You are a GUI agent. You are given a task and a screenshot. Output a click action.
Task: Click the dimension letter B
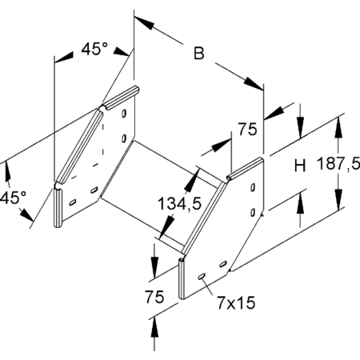click(199, 53)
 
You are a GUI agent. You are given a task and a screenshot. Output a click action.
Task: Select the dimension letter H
click(300, 166)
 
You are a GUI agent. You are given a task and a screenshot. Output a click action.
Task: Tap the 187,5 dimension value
click(338, 163)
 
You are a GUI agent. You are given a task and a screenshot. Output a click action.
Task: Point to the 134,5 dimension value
click(179, 204)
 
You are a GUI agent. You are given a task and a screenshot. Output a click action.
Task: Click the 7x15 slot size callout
click(236, 302)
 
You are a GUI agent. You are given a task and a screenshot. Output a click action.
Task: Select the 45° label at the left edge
click(13, 198)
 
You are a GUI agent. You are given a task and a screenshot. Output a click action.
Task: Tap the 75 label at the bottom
click(154, 297)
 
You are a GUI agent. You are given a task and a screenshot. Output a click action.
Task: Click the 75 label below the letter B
click(248, 130)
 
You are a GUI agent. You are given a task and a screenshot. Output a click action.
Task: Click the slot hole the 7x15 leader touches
click(202, 277)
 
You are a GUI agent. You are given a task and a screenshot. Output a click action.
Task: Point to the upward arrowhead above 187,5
click(338, 128)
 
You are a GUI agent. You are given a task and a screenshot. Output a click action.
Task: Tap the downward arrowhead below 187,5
click(338, 199)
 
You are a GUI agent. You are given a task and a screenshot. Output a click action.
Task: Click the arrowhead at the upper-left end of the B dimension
click(144, 22)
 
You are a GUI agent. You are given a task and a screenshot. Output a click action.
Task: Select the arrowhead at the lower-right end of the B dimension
click(254, 84)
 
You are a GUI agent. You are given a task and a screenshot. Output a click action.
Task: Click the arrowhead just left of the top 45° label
click(63, 58)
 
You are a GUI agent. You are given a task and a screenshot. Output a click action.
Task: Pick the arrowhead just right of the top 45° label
click(122, 51)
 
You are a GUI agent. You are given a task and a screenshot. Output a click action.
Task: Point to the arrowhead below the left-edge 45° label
click(26, 214)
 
